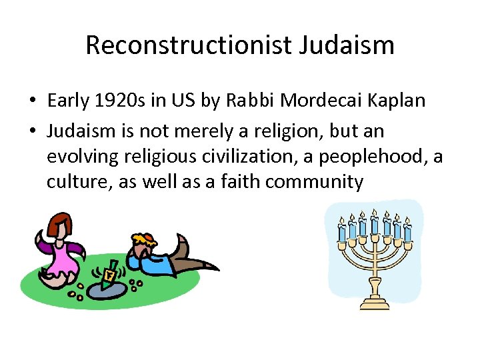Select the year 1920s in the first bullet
(x=113, y=101)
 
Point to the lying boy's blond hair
(x=143, y=239)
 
